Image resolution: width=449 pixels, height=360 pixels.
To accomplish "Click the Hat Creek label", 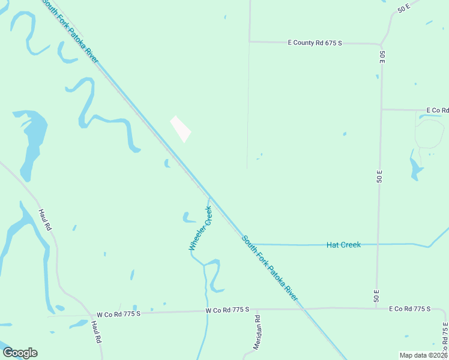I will click(343, 245).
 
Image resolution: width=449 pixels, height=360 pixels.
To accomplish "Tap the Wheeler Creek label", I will click(200, 228).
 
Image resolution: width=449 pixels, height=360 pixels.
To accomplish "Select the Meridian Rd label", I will click(257, 332).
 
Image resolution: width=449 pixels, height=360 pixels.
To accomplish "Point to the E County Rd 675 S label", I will click(315, 43).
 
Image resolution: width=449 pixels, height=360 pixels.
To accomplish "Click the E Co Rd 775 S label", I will click(409, 308).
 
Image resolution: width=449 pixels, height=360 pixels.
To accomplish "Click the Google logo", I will click(20, 353).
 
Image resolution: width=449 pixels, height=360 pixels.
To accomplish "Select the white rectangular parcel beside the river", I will click(181, 129).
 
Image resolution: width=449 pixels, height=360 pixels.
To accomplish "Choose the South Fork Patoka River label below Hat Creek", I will click(270, 268).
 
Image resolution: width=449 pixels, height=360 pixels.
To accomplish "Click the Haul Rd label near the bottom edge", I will click(97, 331).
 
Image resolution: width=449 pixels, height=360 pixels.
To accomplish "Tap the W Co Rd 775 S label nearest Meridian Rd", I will click(227, 310).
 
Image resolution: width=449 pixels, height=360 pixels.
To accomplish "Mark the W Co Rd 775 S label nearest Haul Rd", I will click(118, 314).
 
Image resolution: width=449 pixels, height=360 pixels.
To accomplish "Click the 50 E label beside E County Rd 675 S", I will click(382, 58).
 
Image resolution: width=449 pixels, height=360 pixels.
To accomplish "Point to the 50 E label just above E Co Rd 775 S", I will click(377, 295).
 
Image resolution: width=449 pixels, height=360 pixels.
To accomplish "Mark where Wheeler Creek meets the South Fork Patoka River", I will click(209, 199).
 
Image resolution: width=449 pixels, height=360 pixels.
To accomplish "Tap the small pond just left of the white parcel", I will click(166, 163).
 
